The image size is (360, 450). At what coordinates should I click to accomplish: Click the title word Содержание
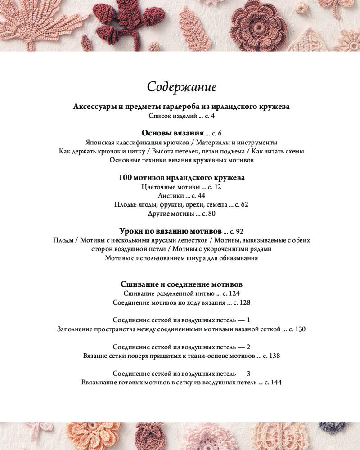182,86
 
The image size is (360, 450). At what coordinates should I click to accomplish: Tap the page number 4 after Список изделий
213,116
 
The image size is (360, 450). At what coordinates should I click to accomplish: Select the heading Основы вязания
173,133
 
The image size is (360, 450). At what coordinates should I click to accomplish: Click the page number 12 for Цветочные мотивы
218,186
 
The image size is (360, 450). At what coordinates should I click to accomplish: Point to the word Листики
171,195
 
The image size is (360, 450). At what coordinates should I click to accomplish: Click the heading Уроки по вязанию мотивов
171,231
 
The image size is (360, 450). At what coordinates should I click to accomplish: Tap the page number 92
239,231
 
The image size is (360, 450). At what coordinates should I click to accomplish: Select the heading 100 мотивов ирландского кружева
182,177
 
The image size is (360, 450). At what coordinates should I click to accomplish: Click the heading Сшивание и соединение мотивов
182,284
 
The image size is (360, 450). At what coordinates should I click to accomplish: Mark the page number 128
245,302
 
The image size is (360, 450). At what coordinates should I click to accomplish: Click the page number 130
300,329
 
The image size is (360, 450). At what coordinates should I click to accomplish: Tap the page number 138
274,355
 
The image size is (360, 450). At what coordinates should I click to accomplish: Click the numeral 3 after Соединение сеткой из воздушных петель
248,373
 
